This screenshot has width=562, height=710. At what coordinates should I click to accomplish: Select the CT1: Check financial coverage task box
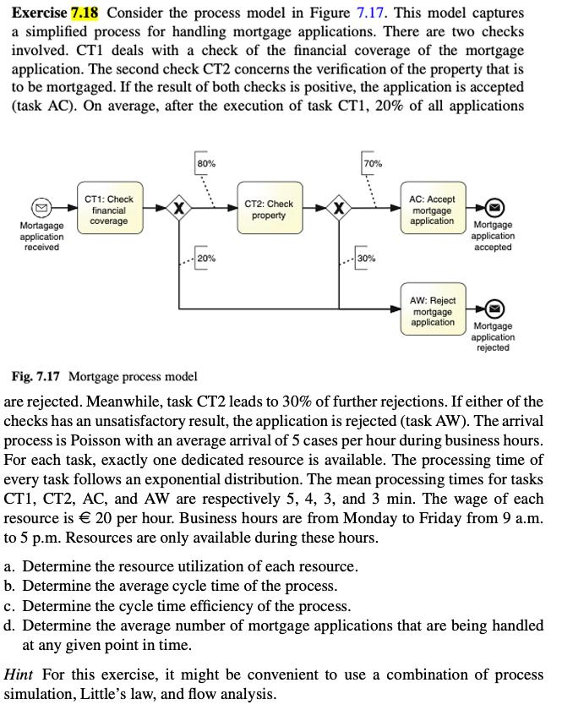click(109, 210)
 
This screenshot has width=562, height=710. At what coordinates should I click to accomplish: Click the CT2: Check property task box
click(269, 210)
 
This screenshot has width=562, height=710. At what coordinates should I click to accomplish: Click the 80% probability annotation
click(205, 163)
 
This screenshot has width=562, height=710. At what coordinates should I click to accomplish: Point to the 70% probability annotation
click(372, 163)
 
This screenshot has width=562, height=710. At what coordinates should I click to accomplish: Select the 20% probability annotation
click(205, 258)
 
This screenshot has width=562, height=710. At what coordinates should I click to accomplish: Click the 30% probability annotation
click(367, 258)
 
